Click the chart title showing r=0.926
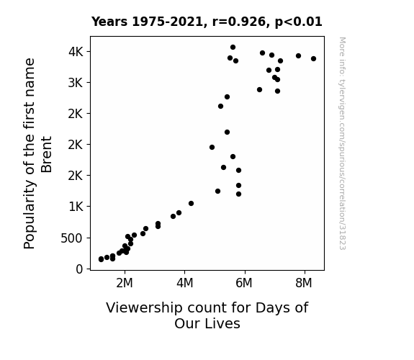207,22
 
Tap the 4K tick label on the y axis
76,52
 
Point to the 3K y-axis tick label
76,83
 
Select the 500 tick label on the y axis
72,238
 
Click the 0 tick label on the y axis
79,269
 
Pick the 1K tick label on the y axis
76,207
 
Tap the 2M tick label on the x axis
125,283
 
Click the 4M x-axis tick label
184,283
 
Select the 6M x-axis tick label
244,283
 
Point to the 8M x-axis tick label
304,283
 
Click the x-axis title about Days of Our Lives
207,315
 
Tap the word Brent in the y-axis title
47,155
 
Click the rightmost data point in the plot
313,58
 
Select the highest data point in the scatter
233,48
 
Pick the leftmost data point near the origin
101,259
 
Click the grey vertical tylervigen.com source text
342,143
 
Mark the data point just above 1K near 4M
191,203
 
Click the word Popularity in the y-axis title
29,215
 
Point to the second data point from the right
298,55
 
